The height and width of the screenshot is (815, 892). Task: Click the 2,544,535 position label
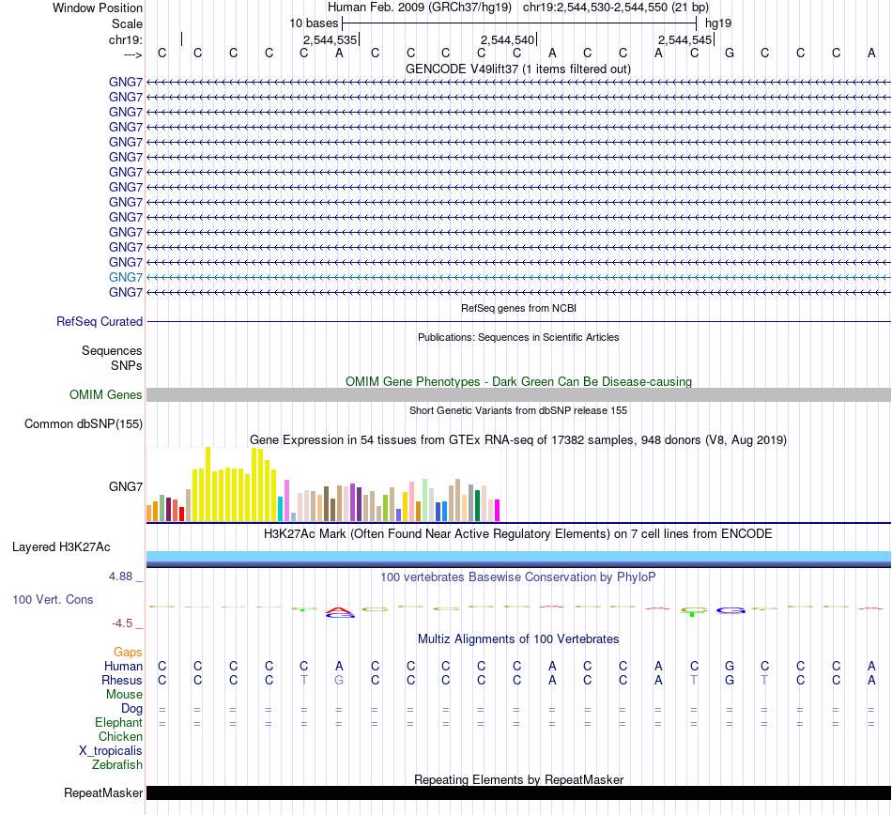[x=330, y=40]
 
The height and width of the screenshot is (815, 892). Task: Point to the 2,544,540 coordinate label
[x=507, y=40]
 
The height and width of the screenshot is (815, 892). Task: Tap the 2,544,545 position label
[x=685, y=40]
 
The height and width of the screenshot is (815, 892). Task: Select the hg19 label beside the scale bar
[x=718, y=23]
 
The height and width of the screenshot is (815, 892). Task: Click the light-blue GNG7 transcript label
[x=126, y=278]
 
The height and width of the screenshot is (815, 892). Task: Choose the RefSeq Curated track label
[x=100, y=321]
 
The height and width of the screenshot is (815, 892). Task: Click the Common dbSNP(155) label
[x=84, y=424]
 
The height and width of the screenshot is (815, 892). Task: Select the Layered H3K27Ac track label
[x=61, y=546]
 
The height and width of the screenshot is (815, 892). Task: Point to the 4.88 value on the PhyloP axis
[x=124, y=577]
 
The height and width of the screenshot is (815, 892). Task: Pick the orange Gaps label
[x=128, y=652]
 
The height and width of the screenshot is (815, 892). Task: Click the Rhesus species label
[x=122, y=680]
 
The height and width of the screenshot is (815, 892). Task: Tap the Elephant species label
[x=118, y=723]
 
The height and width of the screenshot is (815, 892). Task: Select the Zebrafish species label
[x=117, y=765]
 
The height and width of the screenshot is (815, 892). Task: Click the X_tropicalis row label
[x=111, y=751]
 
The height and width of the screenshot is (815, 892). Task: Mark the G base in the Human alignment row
[x=730, y=666]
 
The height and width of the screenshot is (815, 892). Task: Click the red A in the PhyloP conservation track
[x=339, y=613]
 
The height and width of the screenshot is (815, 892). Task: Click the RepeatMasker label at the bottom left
[x=103, y=793]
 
